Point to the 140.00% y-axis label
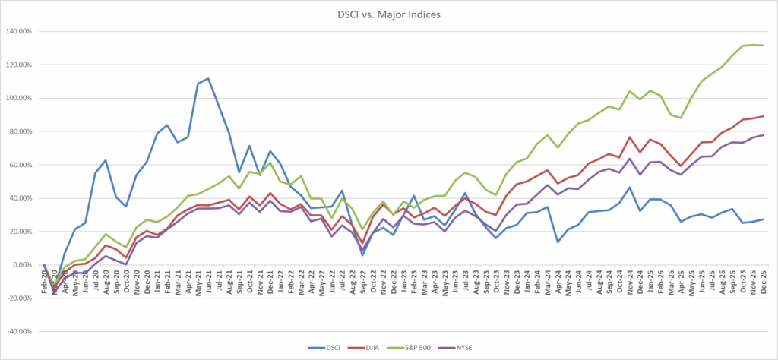coord(21,31)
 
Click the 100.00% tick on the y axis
coord(21,98)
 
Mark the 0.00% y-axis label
coord(24,265)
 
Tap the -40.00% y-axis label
coord(21,332)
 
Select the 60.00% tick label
coord(22,165)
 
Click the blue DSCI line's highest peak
coord(208,78)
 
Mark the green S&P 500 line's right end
coord(763,46)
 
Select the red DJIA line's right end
coord(763,116)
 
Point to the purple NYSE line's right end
coord(763,135)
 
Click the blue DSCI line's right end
coord(763,219)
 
